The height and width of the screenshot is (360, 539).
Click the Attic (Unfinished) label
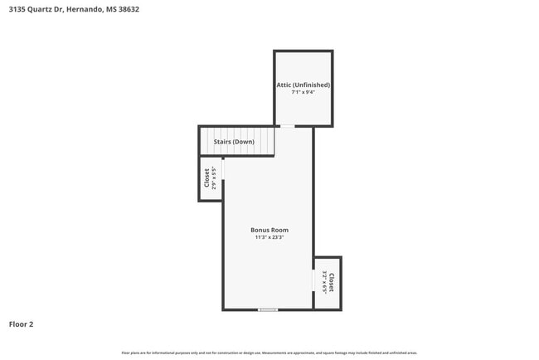click(x=303, y=85)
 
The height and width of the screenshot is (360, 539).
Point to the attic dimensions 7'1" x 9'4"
click(x=303, y=93)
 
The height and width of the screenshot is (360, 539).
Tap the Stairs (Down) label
click(x=234, y=142)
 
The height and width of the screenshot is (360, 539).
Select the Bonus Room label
click(x=269, y=230)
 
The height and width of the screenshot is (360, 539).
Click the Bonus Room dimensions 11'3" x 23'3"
click(x=269, y=238)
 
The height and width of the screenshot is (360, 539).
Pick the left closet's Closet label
click(x=206, y=178)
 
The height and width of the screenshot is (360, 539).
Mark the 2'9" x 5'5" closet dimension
click(x=214, y=178)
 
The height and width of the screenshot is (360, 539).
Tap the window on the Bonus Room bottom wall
click(x=267, y=309)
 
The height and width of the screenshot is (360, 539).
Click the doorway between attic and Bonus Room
click(x=286, y=127)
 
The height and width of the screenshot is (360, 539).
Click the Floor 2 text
click(x=21, y=324)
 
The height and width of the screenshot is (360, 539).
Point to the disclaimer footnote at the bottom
click(x=269, y=353)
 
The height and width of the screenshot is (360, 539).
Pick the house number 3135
click(x=16, y=10)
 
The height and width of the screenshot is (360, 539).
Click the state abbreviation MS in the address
click(x=109, y=10)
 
